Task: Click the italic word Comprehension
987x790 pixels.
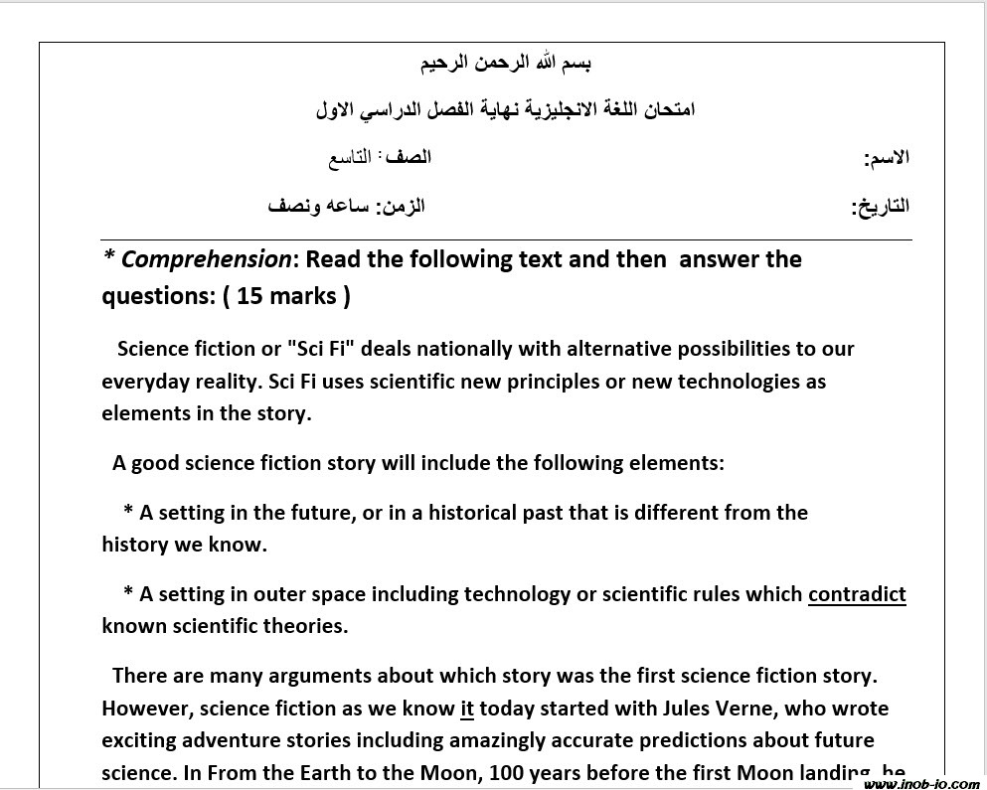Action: (206, 260)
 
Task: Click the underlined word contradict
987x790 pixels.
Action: (857, 594)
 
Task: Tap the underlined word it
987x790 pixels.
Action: (467, 709)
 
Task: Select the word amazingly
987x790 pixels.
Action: (516, 741)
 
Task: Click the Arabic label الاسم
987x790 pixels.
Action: (888, 158)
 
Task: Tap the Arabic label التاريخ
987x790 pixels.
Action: (882, 207)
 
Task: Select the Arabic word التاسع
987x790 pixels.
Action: (351, 158)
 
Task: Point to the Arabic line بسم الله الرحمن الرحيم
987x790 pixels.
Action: (507, 64)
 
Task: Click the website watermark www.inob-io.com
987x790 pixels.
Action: (921, 783)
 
